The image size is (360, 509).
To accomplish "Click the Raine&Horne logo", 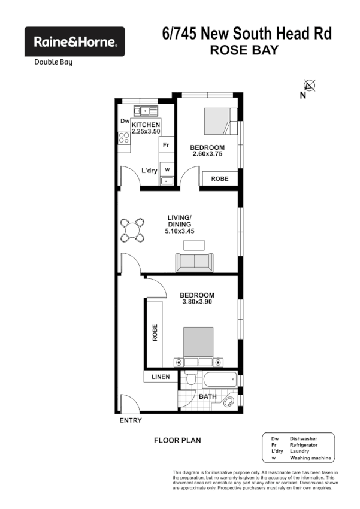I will (74, 42).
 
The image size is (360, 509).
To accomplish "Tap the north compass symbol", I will (309, 86).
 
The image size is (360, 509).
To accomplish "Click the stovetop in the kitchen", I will (125, 141).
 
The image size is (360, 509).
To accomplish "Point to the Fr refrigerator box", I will (166, 145).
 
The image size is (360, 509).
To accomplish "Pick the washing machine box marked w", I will (167, 169).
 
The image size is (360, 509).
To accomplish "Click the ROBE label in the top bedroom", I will (219, 178).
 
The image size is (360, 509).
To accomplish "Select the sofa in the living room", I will (193, 262).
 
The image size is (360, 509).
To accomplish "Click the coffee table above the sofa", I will (193, 245).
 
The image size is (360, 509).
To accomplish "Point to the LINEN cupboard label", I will (161, 377).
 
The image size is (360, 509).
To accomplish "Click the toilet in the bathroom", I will (190, 380).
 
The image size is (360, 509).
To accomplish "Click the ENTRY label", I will (131, 420).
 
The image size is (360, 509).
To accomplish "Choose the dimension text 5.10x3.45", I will (180, 231).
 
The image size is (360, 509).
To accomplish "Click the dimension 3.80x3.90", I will (197, 302).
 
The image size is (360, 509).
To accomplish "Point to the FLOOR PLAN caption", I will (177, 440).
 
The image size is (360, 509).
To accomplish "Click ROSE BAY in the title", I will (244, 50).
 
